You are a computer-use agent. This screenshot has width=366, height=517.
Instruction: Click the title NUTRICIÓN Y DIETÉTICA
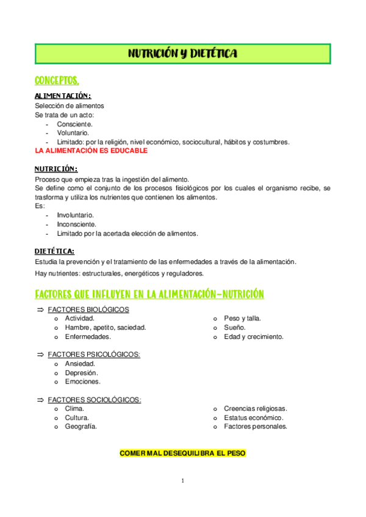(182, 54)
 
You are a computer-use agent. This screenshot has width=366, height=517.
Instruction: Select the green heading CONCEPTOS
(57, 80)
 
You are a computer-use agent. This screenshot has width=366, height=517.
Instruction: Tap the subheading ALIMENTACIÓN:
(63, 96)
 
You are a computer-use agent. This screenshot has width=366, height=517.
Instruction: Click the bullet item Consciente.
(74, 123)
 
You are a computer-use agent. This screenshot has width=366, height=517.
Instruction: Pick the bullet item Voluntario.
(73, 132)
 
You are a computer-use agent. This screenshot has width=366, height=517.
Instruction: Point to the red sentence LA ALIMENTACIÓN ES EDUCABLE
(91, 150)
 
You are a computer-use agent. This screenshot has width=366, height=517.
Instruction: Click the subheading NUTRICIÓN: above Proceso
(56, 169)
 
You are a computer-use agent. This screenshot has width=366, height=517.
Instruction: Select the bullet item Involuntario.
(75, 215)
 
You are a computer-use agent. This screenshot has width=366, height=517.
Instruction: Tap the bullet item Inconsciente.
(76, 224)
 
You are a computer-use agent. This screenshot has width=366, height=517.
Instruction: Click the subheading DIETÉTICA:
(54, 251)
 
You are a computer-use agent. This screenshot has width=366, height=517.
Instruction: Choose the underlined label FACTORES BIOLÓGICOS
(88, 309)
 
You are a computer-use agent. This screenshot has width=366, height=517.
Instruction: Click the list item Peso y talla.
(242, 318)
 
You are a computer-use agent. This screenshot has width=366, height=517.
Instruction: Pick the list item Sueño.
(234, 327)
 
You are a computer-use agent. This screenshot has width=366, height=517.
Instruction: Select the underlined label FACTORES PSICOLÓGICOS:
(94, 354)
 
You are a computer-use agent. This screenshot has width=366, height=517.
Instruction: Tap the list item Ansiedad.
(80, 363)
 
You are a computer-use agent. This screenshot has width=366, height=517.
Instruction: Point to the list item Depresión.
(81, 373)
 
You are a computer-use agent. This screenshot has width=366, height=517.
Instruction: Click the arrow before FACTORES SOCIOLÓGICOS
(40, 399)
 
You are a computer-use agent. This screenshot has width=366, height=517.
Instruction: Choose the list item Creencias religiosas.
(255, 408)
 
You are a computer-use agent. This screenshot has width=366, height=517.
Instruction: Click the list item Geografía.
(81, 427)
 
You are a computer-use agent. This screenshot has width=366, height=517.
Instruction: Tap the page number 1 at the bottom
(182, 481)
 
